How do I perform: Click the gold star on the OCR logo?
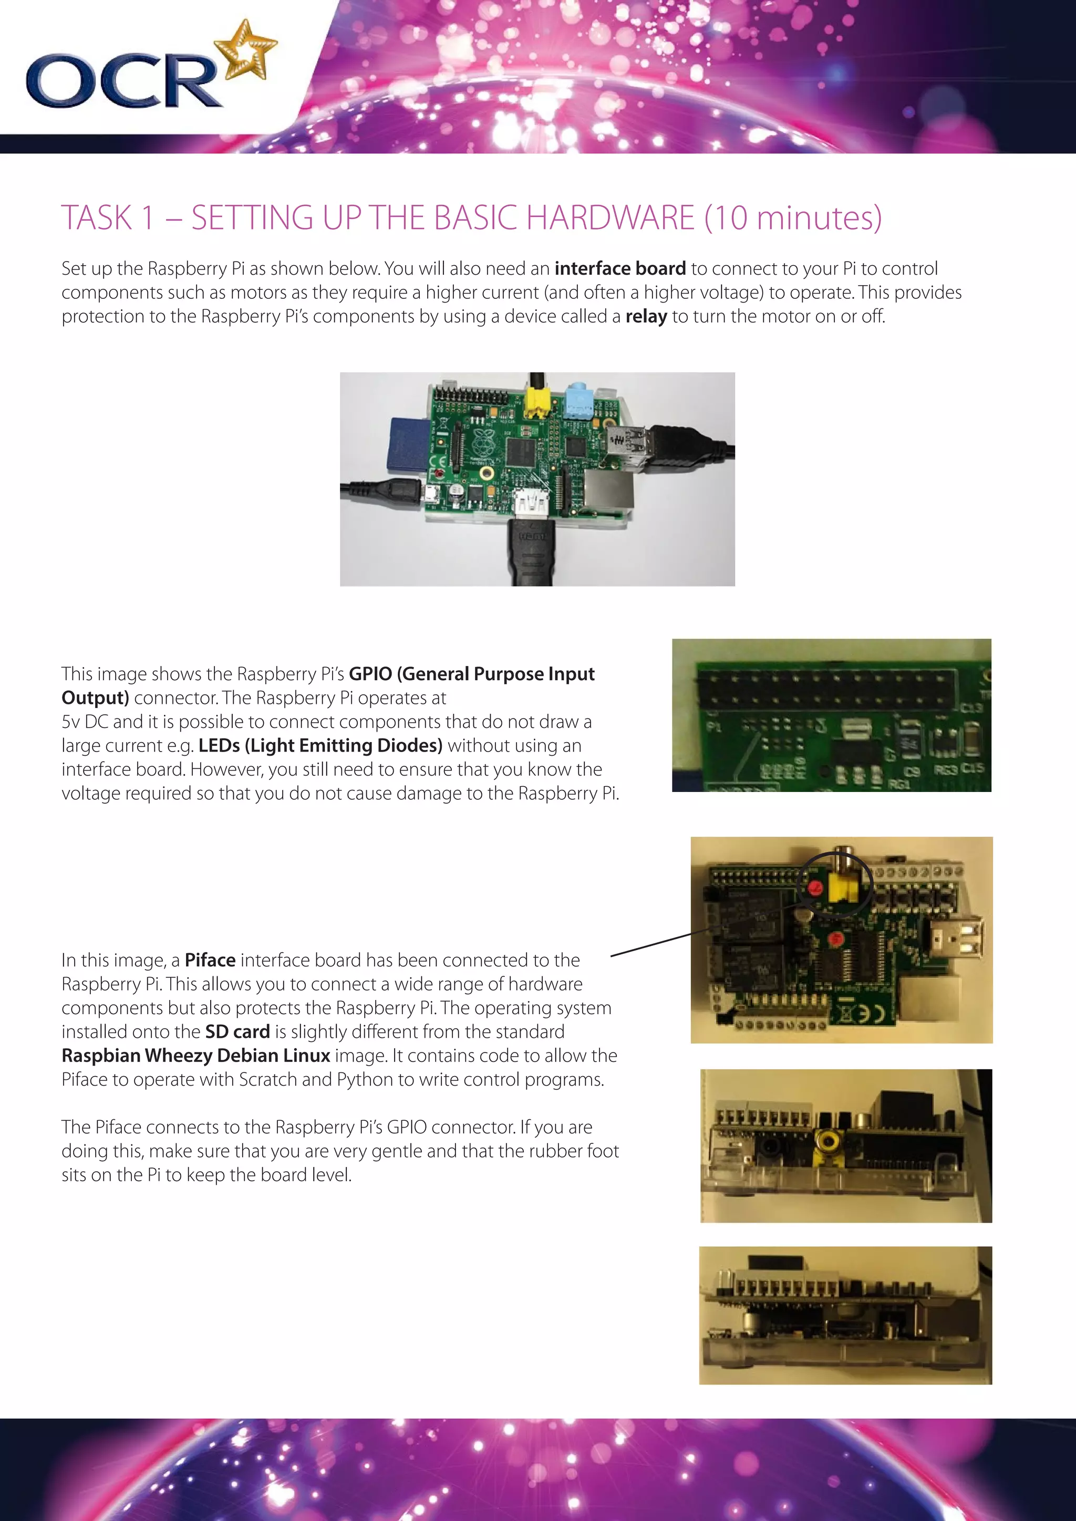point(246,51)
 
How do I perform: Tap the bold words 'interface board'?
point(619,268)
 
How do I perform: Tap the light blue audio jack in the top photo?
point(578,400)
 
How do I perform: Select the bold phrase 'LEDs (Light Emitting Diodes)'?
point(320,746)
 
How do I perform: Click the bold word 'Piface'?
point(210,961)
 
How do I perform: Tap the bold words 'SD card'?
point(237,1032)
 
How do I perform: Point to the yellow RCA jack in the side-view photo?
point(827,1141)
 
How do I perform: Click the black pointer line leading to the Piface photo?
point(650,945)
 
